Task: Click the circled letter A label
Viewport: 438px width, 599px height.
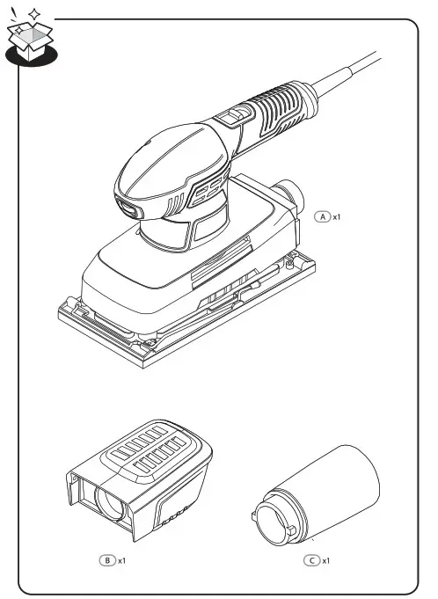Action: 323,215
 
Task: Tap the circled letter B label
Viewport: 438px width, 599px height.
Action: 107,559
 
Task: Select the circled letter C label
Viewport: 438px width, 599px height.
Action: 312,559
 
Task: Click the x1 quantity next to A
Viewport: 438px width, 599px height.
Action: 335,215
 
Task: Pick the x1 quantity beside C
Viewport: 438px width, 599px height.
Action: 326,559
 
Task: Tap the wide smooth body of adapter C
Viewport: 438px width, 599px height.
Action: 347,493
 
